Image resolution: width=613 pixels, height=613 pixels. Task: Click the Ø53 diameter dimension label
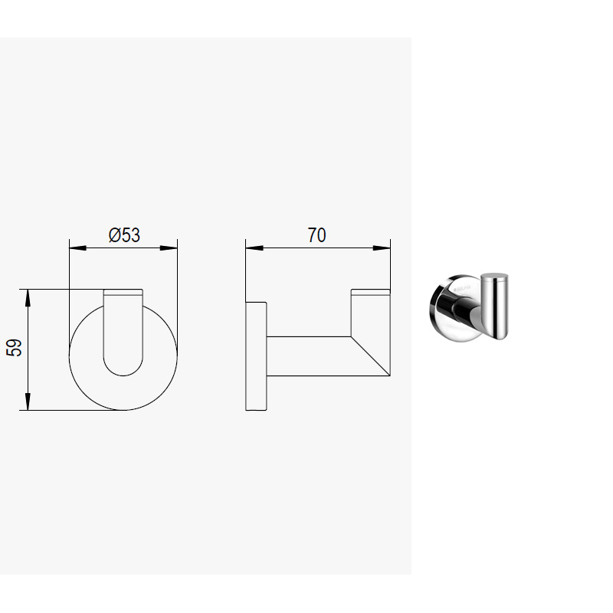coord(124,235)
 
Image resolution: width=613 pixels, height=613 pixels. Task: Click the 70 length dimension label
coord(316,235)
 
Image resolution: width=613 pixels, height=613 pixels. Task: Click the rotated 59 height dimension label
coord(14,348)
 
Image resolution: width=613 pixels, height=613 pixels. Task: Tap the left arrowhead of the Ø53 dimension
coord(78,247)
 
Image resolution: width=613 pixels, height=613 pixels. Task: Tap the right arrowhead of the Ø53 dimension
coord(169,247)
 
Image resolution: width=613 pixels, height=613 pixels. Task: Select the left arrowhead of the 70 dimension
coord(254,247)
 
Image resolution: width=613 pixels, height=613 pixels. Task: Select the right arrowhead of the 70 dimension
coord(382,247)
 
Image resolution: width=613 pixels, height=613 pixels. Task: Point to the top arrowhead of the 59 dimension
coord(28,298)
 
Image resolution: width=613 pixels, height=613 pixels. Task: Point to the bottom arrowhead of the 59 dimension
coord(28,402)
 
